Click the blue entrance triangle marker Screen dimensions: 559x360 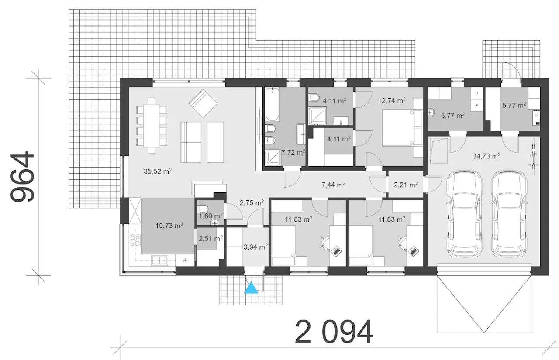(251, 288)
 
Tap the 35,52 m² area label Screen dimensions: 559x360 (158, 171)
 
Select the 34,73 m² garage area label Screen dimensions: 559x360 (486, 156)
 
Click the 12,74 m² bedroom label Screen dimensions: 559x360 (392, 100)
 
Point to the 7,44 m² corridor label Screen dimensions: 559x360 (333, 185)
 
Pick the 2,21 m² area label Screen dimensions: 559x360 (406, 185)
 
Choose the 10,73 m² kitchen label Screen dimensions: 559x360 (169, 226)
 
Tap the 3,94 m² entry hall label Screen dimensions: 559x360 (255, 247)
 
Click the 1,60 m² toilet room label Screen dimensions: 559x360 (210, 216)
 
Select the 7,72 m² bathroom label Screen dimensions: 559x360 (293, 153)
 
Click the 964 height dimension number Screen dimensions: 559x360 (22, 177)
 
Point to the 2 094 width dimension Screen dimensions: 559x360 (334, 332)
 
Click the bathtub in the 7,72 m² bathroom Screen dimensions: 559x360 (272, 104)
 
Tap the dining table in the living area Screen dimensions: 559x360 (152, 126)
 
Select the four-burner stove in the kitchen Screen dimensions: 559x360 (135, 240)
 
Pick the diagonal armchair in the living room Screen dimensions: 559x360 (203, 103)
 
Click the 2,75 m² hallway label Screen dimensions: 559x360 (252, 202)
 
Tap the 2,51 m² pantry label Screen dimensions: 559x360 (210, 239)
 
